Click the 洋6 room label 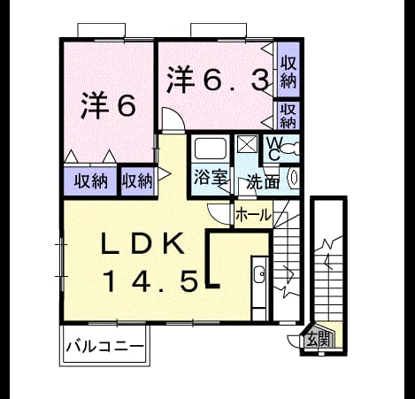(x=109, y=105)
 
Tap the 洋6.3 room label (x=218, y=79)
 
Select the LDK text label (x=142, y=243)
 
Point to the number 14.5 (x=150, y=282)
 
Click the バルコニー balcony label (x=105, y=346)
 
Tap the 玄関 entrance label (x=318, y=340)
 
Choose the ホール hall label (x=254, y=215)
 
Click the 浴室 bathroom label (x=211, y=177)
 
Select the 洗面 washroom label (x=263, y=181)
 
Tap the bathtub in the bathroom (x=211, y=149)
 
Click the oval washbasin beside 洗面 (x=294, y=178)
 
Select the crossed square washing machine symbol (x=247, y=144)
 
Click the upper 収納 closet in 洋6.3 (x=288, y=70)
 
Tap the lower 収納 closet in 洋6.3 (x=288, y=116)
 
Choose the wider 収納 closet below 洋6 (x=90, y=181)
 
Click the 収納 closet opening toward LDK (x=138, y=181)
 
